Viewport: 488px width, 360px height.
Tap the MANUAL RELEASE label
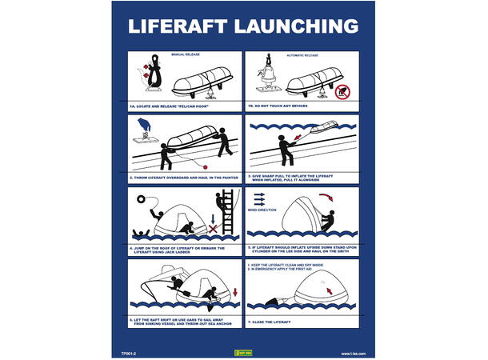point(185,54)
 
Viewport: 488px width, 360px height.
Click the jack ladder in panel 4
point(227,210)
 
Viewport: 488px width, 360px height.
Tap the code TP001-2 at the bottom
point(128,353)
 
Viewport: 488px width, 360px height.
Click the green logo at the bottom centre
point(242,353)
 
